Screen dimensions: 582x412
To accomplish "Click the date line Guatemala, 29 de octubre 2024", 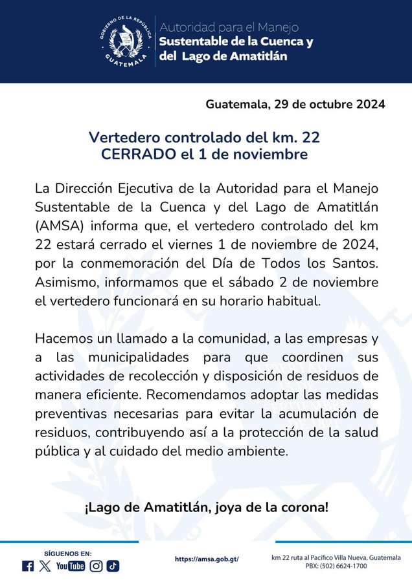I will (x=295, y=104).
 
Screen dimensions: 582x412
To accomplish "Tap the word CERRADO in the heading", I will (x=138, y=155).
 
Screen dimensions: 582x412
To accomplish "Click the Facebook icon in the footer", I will (x=28, y=566).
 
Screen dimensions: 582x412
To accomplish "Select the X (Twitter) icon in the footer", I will (x=45, y=566).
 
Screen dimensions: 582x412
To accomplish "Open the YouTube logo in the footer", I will (x=71, y=566).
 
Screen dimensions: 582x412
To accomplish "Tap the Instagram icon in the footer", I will (x=96, y=566).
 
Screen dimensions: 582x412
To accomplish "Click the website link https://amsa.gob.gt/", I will (x=207, y=559).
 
